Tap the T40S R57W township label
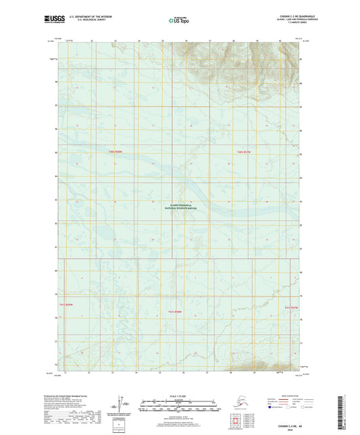tap(244, 152)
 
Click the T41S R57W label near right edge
tap(291, 307)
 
